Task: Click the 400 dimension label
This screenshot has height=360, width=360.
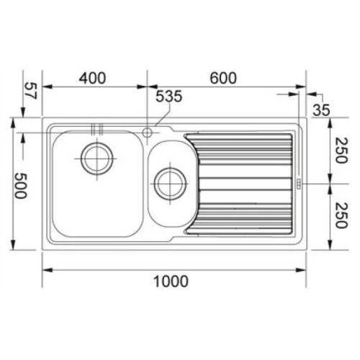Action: [92, 78]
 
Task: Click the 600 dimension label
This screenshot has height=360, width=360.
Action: [223, 78]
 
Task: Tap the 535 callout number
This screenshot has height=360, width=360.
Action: [169, 96]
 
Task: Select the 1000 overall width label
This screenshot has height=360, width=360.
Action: [171, 282]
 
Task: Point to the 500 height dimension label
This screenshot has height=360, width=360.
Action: [20, 186]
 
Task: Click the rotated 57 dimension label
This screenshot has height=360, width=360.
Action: [30, 91]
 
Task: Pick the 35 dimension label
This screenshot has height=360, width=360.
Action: [321, 110]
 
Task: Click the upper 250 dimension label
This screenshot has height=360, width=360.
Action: [341, 150]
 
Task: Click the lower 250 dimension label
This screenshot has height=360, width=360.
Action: [341, 215]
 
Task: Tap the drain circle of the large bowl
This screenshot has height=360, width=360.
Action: [97, 158]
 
